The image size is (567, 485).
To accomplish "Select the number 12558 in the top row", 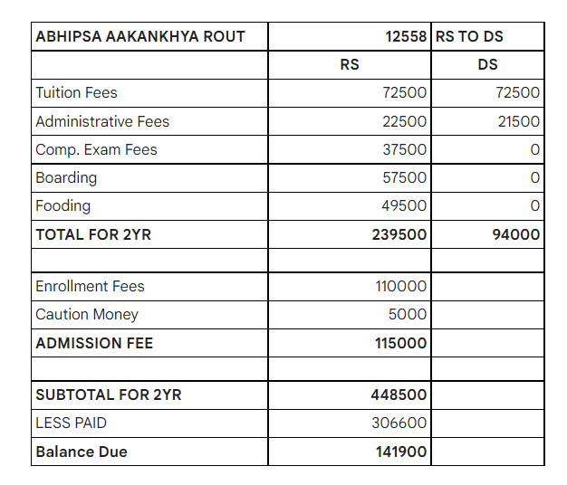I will point(406,37).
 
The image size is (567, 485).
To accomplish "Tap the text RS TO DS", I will point(469,37).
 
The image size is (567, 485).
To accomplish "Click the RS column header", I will point(350,65).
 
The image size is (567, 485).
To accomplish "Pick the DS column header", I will point(487,65).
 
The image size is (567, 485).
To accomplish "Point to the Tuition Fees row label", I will point(76,93).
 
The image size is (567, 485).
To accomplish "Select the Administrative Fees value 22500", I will point(404,121).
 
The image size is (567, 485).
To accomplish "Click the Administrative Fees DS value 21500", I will point(518,121).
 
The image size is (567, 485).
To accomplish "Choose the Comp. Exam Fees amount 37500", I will point(404,149).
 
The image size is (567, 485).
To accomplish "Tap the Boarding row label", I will point(66,177).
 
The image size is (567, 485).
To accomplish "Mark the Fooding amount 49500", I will point(404,205).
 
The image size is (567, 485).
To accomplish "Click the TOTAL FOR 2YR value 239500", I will point(399,234).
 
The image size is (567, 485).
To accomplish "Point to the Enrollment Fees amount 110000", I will point(400,287).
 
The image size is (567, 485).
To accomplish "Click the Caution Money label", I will point(87,315).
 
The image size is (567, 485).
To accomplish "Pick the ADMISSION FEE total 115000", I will point(400,343).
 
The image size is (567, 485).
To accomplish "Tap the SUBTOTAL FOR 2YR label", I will point(109,395).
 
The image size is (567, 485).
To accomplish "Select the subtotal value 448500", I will point(399,395).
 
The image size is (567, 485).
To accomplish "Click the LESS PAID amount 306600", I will point(399,423).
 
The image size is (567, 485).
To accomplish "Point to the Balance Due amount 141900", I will point(401,452).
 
